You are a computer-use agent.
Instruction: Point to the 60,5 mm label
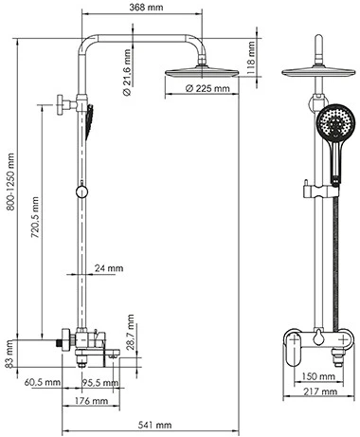[43, 383]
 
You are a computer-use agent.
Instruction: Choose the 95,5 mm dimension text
[99, 383]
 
